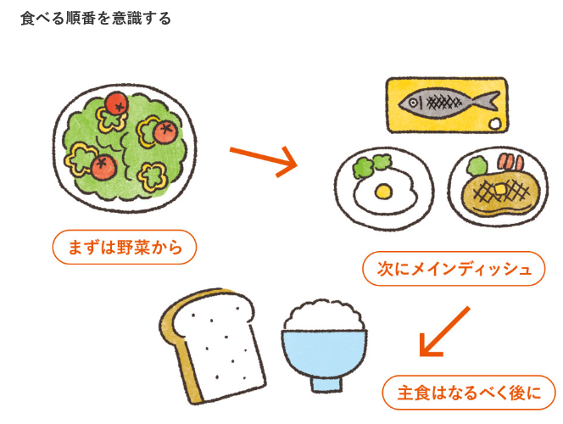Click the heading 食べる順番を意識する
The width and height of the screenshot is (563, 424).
pos(95,18)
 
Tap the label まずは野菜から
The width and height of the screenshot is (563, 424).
pos(124,248)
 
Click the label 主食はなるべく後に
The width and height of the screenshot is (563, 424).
pos(469,393)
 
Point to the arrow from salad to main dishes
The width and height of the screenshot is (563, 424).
pos(264,159)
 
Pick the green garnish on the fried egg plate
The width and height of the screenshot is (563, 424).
pos(368,164)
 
